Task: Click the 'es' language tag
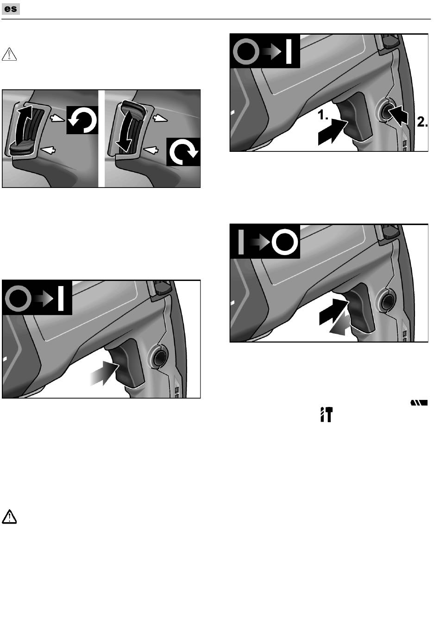(x=11, y=9)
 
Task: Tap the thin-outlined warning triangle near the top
(x=9, y=54)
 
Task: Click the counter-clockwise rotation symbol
(x=82, y=120)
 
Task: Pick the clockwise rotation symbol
(x=183, y=152)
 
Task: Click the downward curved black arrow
(x=125, y=132)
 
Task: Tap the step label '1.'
(x=323, y=115)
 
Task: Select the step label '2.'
(x=422, y=122)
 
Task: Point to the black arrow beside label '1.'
(x=333, y=132)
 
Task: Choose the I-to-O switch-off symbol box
(x=265, y=242)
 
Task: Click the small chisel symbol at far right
(x=419, y=403)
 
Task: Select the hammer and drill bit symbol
(x=327, y=414)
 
